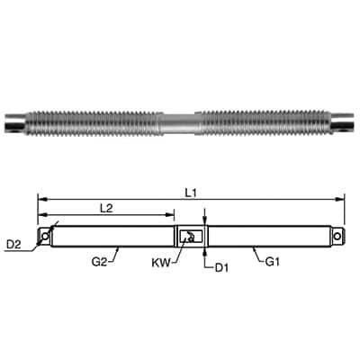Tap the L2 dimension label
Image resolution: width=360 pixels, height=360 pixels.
105,208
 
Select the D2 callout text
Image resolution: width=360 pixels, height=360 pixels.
13,244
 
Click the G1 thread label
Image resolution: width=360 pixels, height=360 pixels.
273,263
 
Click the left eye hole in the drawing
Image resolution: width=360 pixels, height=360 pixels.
42,236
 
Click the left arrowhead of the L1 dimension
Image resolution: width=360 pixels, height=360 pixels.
40,198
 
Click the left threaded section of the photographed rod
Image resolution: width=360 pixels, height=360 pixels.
99,121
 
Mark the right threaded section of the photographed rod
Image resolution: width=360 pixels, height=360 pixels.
261,121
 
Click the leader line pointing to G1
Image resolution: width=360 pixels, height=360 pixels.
258,254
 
